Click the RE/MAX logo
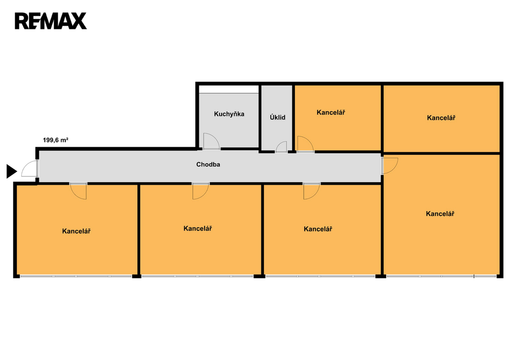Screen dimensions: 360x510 pyautogui.click(x=50, y=21)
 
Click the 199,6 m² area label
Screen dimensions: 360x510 pyautogui.click(x=56, y=140)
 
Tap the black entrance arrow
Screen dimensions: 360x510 pyautogui.click(x=11, y=171)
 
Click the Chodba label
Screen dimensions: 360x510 pyautogui.click(x=208, y=164)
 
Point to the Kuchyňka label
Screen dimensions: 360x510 pyautogui.click(x=229, y=114)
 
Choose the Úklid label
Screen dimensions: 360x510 pyautogui.click(x=277, y=118)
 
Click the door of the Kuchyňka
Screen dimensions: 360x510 pyautogui.click(x=211, y=142)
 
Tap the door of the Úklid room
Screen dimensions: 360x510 pyautogui.click(x=281, y=147)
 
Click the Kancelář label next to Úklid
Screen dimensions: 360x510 pyautogui.click(x=331, y=113)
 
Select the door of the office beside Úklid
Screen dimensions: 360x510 pyautogui.click(x=305, y=145)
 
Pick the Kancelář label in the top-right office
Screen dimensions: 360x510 pyautogui.click(x=441, y=118)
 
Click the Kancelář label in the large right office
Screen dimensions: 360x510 pyautogui.click(x=440, y=214)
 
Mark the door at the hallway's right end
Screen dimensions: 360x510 pyautogui.click(x=390, y=165)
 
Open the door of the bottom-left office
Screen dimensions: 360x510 pyautogui.click(x=79, y=191)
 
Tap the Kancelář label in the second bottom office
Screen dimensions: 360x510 pyautogui.click(x=198, y=229)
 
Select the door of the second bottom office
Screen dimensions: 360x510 pyautogui.click(x=201, y=191)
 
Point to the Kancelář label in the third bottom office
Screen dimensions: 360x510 pyautogui.click(x=318, y=229)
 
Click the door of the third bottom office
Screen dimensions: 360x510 pyautogui.click(x=311, y=191)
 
